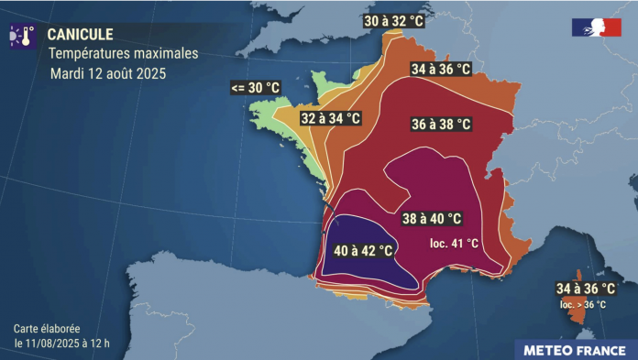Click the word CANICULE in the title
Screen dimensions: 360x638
click(80, 34)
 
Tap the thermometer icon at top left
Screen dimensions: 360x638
click(22, 36)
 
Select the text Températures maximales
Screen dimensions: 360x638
click(123, 53)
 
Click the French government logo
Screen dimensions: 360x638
click(596, 27)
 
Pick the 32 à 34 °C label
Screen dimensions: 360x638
click(330, 118)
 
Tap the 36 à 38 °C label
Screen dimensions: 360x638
click(441, 123)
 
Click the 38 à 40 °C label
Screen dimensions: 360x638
click(431, 219)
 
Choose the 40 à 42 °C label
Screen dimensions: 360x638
click(363, 250)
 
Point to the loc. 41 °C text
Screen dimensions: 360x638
click(454, 243)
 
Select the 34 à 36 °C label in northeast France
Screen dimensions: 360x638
click(441, 69)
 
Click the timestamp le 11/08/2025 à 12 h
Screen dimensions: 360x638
click(62, 342)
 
